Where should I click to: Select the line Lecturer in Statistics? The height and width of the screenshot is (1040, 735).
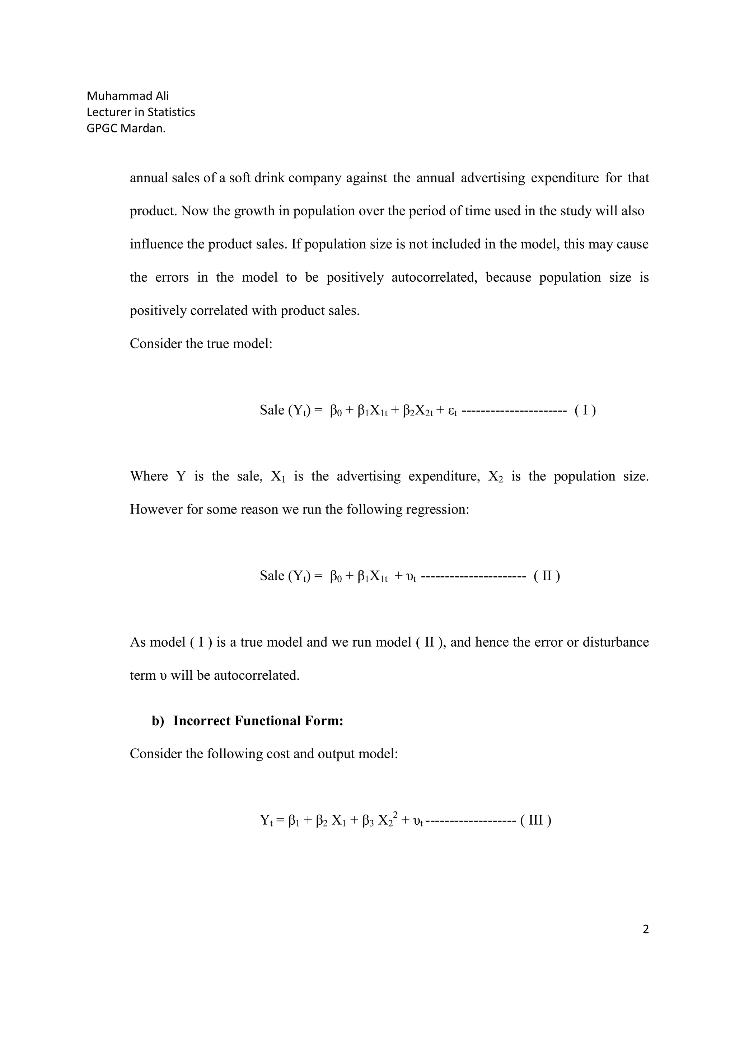pos(140,112)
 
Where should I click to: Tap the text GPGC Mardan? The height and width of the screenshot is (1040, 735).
pos(126,128)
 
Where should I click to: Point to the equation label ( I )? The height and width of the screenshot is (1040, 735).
pos(585,411)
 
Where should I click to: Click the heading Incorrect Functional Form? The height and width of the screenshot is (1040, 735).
pos(258,721)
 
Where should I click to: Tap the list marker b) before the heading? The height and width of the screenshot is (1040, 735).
pos(158,721)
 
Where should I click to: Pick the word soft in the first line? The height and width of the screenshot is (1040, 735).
pos(239,178)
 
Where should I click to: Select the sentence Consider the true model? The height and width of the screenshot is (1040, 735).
pos(201,344)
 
